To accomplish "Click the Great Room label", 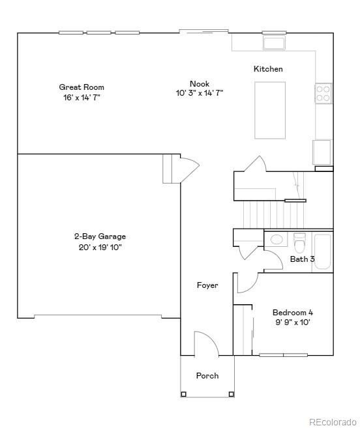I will coord(82,87).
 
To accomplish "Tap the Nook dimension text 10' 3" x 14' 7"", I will coord(200,93).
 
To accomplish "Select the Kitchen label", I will coord(268,69).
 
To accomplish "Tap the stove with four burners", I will coord(323,94).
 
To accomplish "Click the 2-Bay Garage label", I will coord(100,236).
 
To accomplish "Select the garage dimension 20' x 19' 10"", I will coord(100,247).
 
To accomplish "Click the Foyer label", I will coord(207,285).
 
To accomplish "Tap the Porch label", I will coord(207,376).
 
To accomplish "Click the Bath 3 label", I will coord(303,259).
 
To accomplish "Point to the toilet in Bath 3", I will coord(299,243).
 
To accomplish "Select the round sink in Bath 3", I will coord(277,239).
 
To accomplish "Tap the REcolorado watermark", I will coord(332,421).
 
